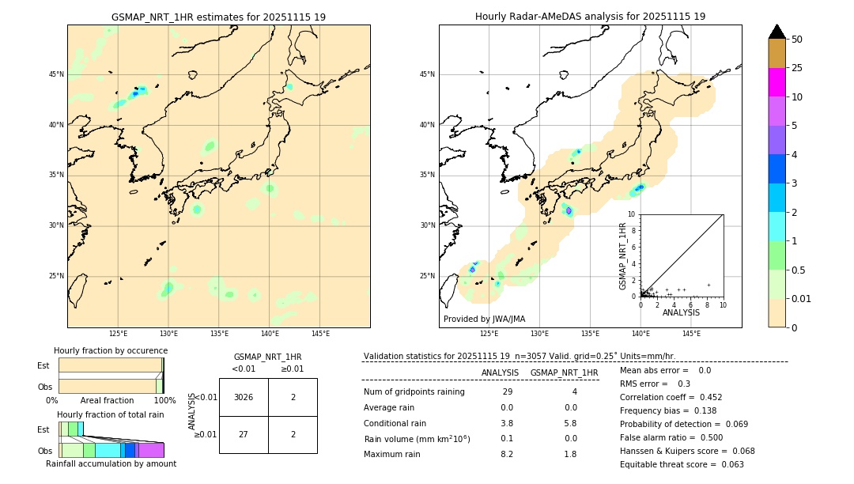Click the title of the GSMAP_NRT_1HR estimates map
(218, 17)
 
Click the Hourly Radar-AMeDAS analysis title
(590, 17)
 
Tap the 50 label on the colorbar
(797, 40)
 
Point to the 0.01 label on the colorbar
(802, 298)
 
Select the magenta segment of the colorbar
(777, 82)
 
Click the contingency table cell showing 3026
(244, 397)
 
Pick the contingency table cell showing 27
(244, 434)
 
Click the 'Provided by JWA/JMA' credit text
(484, 319)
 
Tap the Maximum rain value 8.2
(506, 454)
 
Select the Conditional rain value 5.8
(570, 423)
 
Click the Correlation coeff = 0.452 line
(671, 397)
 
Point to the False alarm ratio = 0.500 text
(671, 437)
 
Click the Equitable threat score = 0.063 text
(682, 464)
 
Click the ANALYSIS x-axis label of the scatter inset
(681, 312)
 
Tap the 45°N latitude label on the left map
(56, 74)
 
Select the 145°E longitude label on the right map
(691, 334)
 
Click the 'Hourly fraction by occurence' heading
(111, 350)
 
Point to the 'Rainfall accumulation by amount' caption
(111, 463)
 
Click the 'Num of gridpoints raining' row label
(414, 392)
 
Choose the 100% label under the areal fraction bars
(164, 400)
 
